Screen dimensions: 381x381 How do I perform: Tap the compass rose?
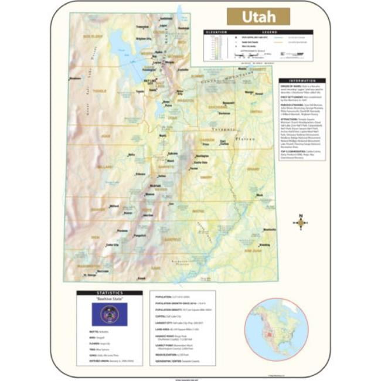pos(301,222)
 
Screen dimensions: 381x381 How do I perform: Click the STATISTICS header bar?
pos(109,292)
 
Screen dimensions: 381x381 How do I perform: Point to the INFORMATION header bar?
pos(302,81)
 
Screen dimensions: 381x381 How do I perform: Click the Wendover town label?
pos(75,78)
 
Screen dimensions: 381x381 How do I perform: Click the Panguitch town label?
pos(140,235)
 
